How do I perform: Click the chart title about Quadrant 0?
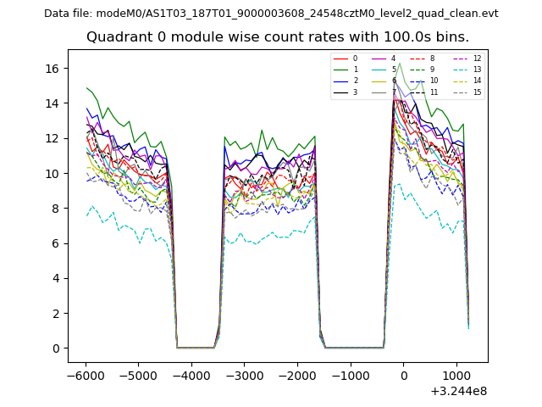[278, 37]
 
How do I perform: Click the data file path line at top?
[271, 14]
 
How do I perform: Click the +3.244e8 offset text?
[458, 391]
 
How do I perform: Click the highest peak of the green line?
[400, 63]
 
